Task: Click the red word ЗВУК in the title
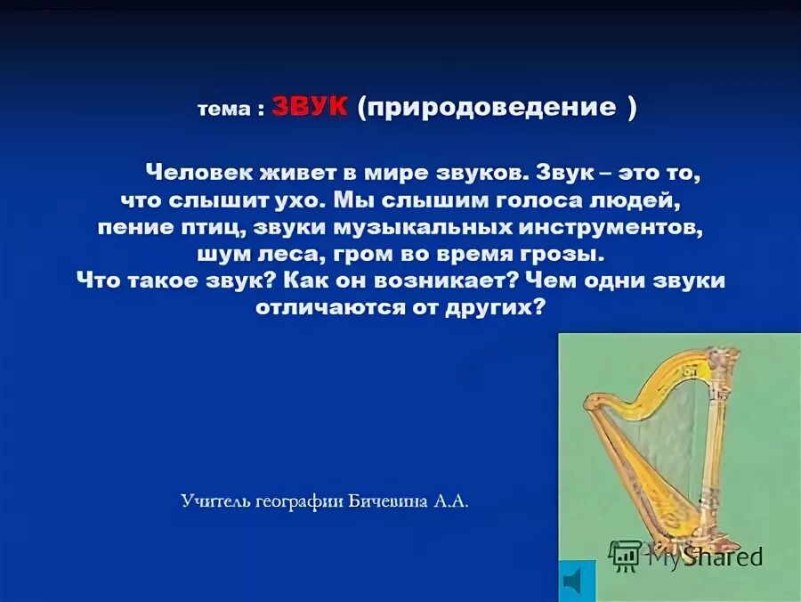(x=311, y=108)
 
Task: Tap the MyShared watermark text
(x=704, y=557)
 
